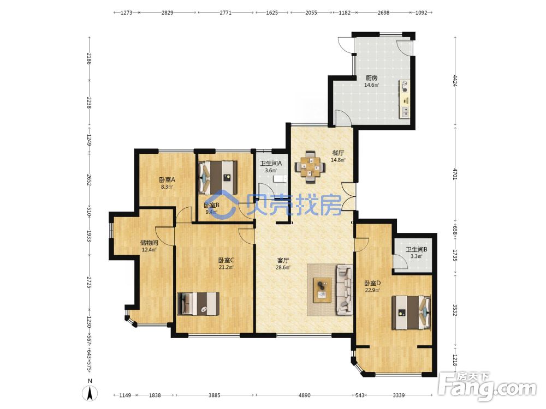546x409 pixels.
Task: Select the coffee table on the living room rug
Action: click(322, 291)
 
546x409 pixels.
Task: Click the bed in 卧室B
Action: click(218, 177)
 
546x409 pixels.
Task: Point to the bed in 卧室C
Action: click(198, 303)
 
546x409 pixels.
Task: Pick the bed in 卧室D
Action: click(411, 312)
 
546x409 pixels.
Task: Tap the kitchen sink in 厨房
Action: click(405, 112)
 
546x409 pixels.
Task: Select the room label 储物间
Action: click(149, 243)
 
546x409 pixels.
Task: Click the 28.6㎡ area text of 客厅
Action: click(283, 267)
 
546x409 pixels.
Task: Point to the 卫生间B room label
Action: click(417, 249)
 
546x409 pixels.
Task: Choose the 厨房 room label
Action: click(371, 78)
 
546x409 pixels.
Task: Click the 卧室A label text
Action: click(167, 180)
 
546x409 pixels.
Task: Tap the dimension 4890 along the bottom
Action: click(304, 395)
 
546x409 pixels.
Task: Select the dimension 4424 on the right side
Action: click(455, 81)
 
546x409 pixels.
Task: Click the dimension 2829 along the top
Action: click(167, 13)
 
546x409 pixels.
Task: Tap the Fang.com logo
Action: click(487, 386)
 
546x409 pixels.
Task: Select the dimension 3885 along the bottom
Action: click(214, 395)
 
